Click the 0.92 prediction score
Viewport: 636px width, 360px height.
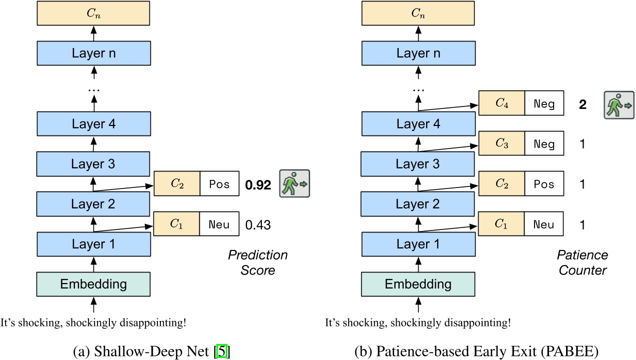[x=258, y=185]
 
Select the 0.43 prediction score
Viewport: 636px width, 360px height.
[x=258, y=225]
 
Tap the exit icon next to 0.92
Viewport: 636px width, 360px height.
[x=294, y=184]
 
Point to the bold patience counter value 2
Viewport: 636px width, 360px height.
[x=583, y=105]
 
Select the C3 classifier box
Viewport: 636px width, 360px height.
[x=501, y=144]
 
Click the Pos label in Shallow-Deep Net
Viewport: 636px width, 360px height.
[x=219, y=184]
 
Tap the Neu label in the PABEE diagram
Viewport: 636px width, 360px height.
[x=544, y=224]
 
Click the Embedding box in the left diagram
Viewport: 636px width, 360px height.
[x=93, y=284]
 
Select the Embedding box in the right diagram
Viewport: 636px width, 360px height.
[x=418, y=284]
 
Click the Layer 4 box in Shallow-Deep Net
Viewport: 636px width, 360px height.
[x=93, y=124]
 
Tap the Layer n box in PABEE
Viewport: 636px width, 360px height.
[x=418, y=53]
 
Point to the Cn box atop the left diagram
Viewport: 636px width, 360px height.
[x=93, y=13]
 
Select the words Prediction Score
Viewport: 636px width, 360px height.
[x=258, y=262]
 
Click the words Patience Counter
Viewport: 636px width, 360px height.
[x=583, y=262]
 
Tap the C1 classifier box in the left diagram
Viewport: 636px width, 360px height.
[x=176, y=224]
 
